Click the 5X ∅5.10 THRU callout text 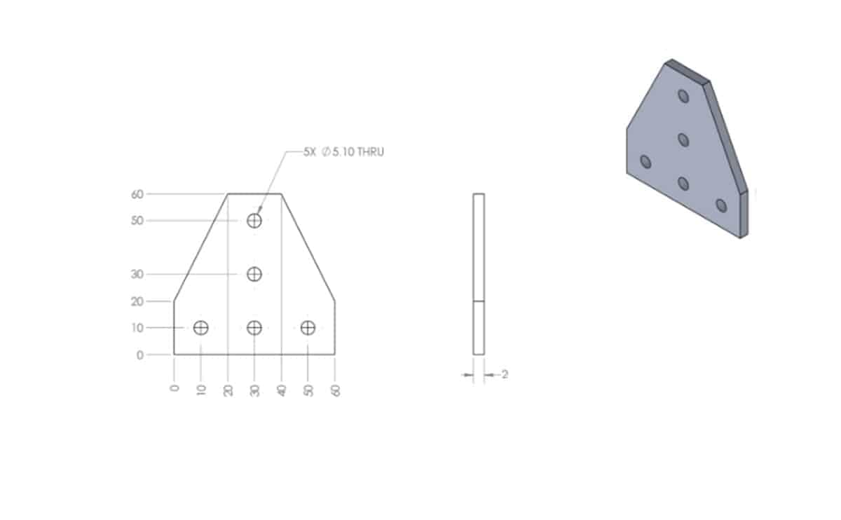click(x=343, y=151)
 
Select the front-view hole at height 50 click(x=254, y=221)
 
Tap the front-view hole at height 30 click(x=254, y=274)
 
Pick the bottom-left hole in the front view click(x=201, y=327)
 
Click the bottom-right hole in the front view click(x=308, y=327)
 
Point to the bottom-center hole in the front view click(x=254, y=327)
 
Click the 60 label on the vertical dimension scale click(x=137, y=194)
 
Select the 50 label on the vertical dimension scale click(x=137, y=221)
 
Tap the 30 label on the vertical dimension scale click(x=137, y=274)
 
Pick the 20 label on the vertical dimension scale click(x=137, y=301)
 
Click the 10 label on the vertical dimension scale click(x=137, y=328)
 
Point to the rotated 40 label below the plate click(x=282, y=390)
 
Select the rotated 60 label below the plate click(x=335, y=390)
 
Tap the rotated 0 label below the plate click(x=175, y=388)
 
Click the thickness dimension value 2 click(x=505, y=375)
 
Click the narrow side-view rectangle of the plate click(x=479, y=273)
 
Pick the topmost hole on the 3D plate click(x=683, y=95)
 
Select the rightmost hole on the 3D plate click(x=720, y=205)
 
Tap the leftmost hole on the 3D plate click(x=645, y=162)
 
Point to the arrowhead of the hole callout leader click(x=259, y=211)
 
